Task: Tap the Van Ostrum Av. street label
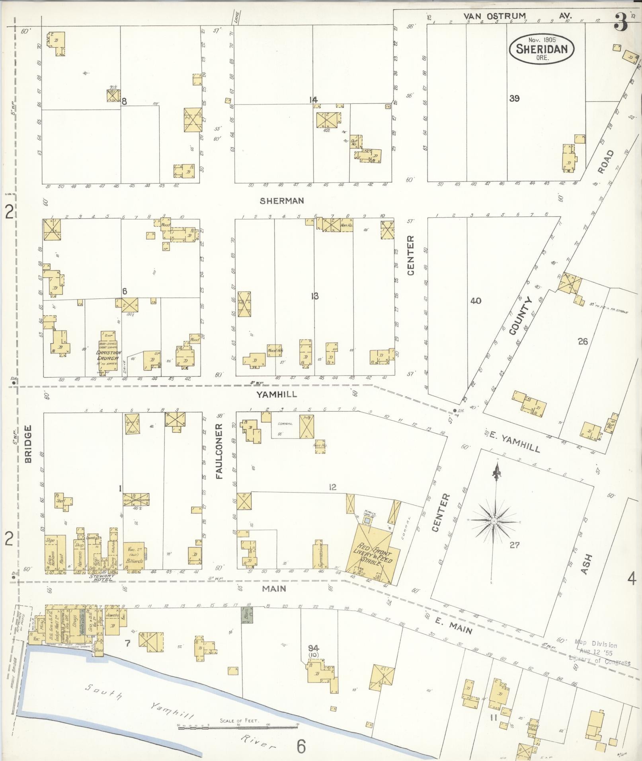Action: pos(518,16)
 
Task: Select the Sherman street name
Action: pos(282,201)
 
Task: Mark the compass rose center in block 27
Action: pos(494,521)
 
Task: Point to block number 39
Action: pos(514,98)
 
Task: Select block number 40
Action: pos(475,301)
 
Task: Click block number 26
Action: pos(582,341)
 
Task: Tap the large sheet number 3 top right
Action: pos(621,22)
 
